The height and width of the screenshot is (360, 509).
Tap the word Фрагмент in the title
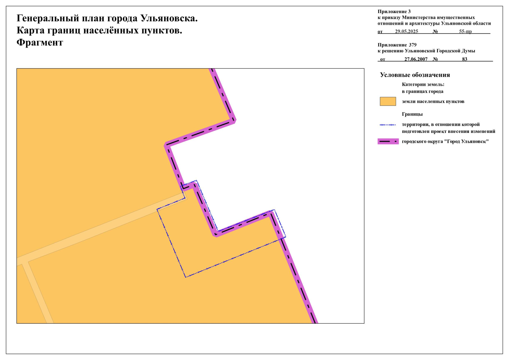[x=40, y=43]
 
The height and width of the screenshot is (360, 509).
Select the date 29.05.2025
[x=406, y=31]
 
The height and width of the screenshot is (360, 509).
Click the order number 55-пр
[x=465, y=31]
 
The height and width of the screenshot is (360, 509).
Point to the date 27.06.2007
[x=416, y=59]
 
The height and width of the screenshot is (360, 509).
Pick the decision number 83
[x=465, y=59]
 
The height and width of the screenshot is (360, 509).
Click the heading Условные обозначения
[x=415, y=75]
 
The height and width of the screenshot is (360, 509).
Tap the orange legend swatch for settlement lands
[x=388, y=101]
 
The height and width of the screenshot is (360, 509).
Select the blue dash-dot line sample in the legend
[x=388, y=125]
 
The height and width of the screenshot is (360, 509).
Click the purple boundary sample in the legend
[x=388, y=141]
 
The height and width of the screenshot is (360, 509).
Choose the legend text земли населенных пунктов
[x=433, y=101]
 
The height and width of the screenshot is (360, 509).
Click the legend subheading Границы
[x=412, y=114]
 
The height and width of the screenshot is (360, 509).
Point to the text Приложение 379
[x=397, y=45]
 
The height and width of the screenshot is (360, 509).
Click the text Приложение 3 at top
[x=394, y=12]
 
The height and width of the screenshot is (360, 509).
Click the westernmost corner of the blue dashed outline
[x=157, y=209]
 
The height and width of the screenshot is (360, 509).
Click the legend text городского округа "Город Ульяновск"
[x=445, y=142]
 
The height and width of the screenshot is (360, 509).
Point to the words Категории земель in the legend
[x=423, y=85]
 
